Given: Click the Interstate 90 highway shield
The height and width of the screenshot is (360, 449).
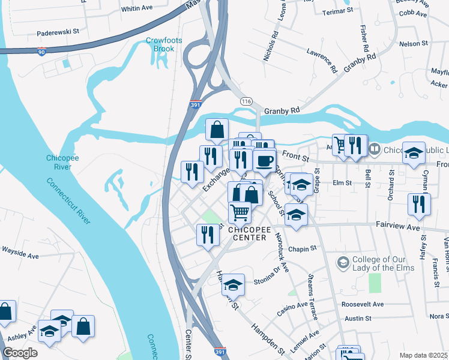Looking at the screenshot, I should (41, 52).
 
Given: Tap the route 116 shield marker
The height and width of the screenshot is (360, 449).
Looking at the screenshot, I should (246, 102).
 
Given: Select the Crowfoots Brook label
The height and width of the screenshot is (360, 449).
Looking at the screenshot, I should (160, 44).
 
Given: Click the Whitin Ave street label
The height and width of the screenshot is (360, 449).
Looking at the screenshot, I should (137, 9).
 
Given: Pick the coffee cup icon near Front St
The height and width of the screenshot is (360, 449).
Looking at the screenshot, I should (265, 161).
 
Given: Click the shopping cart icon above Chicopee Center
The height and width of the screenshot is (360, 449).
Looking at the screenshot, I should (240, 212).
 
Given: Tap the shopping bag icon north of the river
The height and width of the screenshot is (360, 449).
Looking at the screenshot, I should (217, 129).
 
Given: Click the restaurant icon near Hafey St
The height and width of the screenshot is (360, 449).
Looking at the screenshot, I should (418, 203).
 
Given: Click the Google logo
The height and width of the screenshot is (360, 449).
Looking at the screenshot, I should (20, 353).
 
